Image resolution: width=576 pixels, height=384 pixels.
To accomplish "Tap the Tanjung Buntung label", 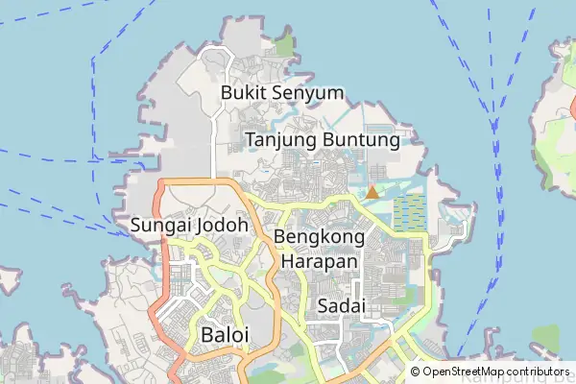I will click(323, 140).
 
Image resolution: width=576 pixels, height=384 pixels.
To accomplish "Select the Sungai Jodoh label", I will click(189, 227).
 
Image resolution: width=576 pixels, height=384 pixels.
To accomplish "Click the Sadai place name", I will click(337, 306).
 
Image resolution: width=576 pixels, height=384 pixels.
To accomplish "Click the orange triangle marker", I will click(372, 192).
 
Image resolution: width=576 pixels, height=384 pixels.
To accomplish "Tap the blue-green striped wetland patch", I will click(408, 211).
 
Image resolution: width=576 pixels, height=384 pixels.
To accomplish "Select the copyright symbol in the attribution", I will click(416, 372).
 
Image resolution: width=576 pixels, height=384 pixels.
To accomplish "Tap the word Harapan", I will click(320, 261).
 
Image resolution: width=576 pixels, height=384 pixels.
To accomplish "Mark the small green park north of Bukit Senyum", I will click(283, 44).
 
